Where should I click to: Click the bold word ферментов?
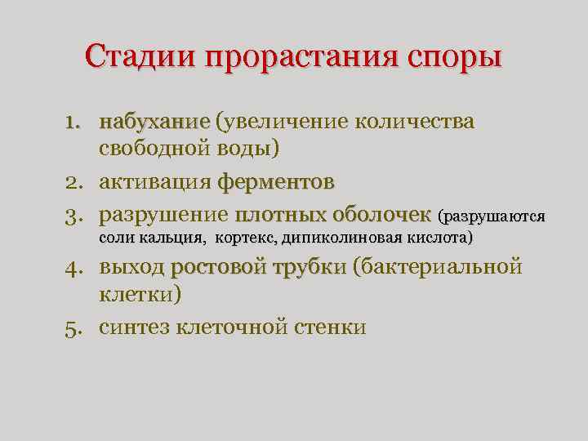pyautogui.click(x=275, y=182)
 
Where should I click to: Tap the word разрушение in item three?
pyautogui.click(x=163, y=216)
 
